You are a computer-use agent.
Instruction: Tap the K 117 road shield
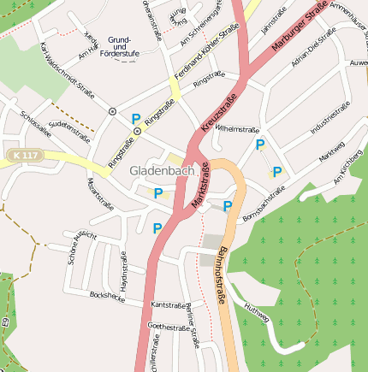(27, 155)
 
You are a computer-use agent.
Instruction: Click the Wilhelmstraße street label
(237, 130)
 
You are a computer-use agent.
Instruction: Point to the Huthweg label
(256, 314)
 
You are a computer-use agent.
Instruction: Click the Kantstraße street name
(169, 304)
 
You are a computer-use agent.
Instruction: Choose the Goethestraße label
(168, 327)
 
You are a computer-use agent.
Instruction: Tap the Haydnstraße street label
(123, 273)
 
